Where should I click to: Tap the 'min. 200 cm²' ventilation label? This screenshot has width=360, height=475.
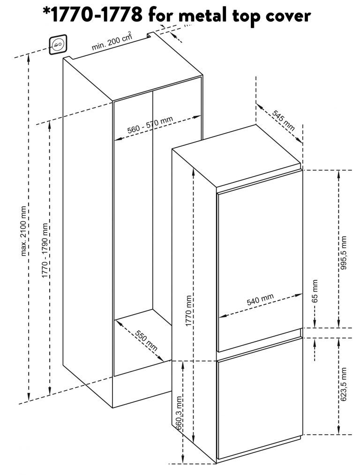pos(112,43)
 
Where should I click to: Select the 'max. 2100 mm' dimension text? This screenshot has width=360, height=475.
pos(24,231)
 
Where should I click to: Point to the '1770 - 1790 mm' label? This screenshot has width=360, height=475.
pos(45,251)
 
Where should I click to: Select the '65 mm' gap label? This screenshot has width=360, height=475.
pos(315,291)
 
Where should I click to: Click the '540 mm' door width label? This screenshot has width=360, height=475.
pos(260,300)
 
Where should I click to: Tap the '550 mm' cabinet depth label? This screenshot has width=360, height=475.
pos(146,341)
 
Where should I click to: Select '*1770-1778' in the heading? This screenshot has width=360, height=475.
pos(92,16)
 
